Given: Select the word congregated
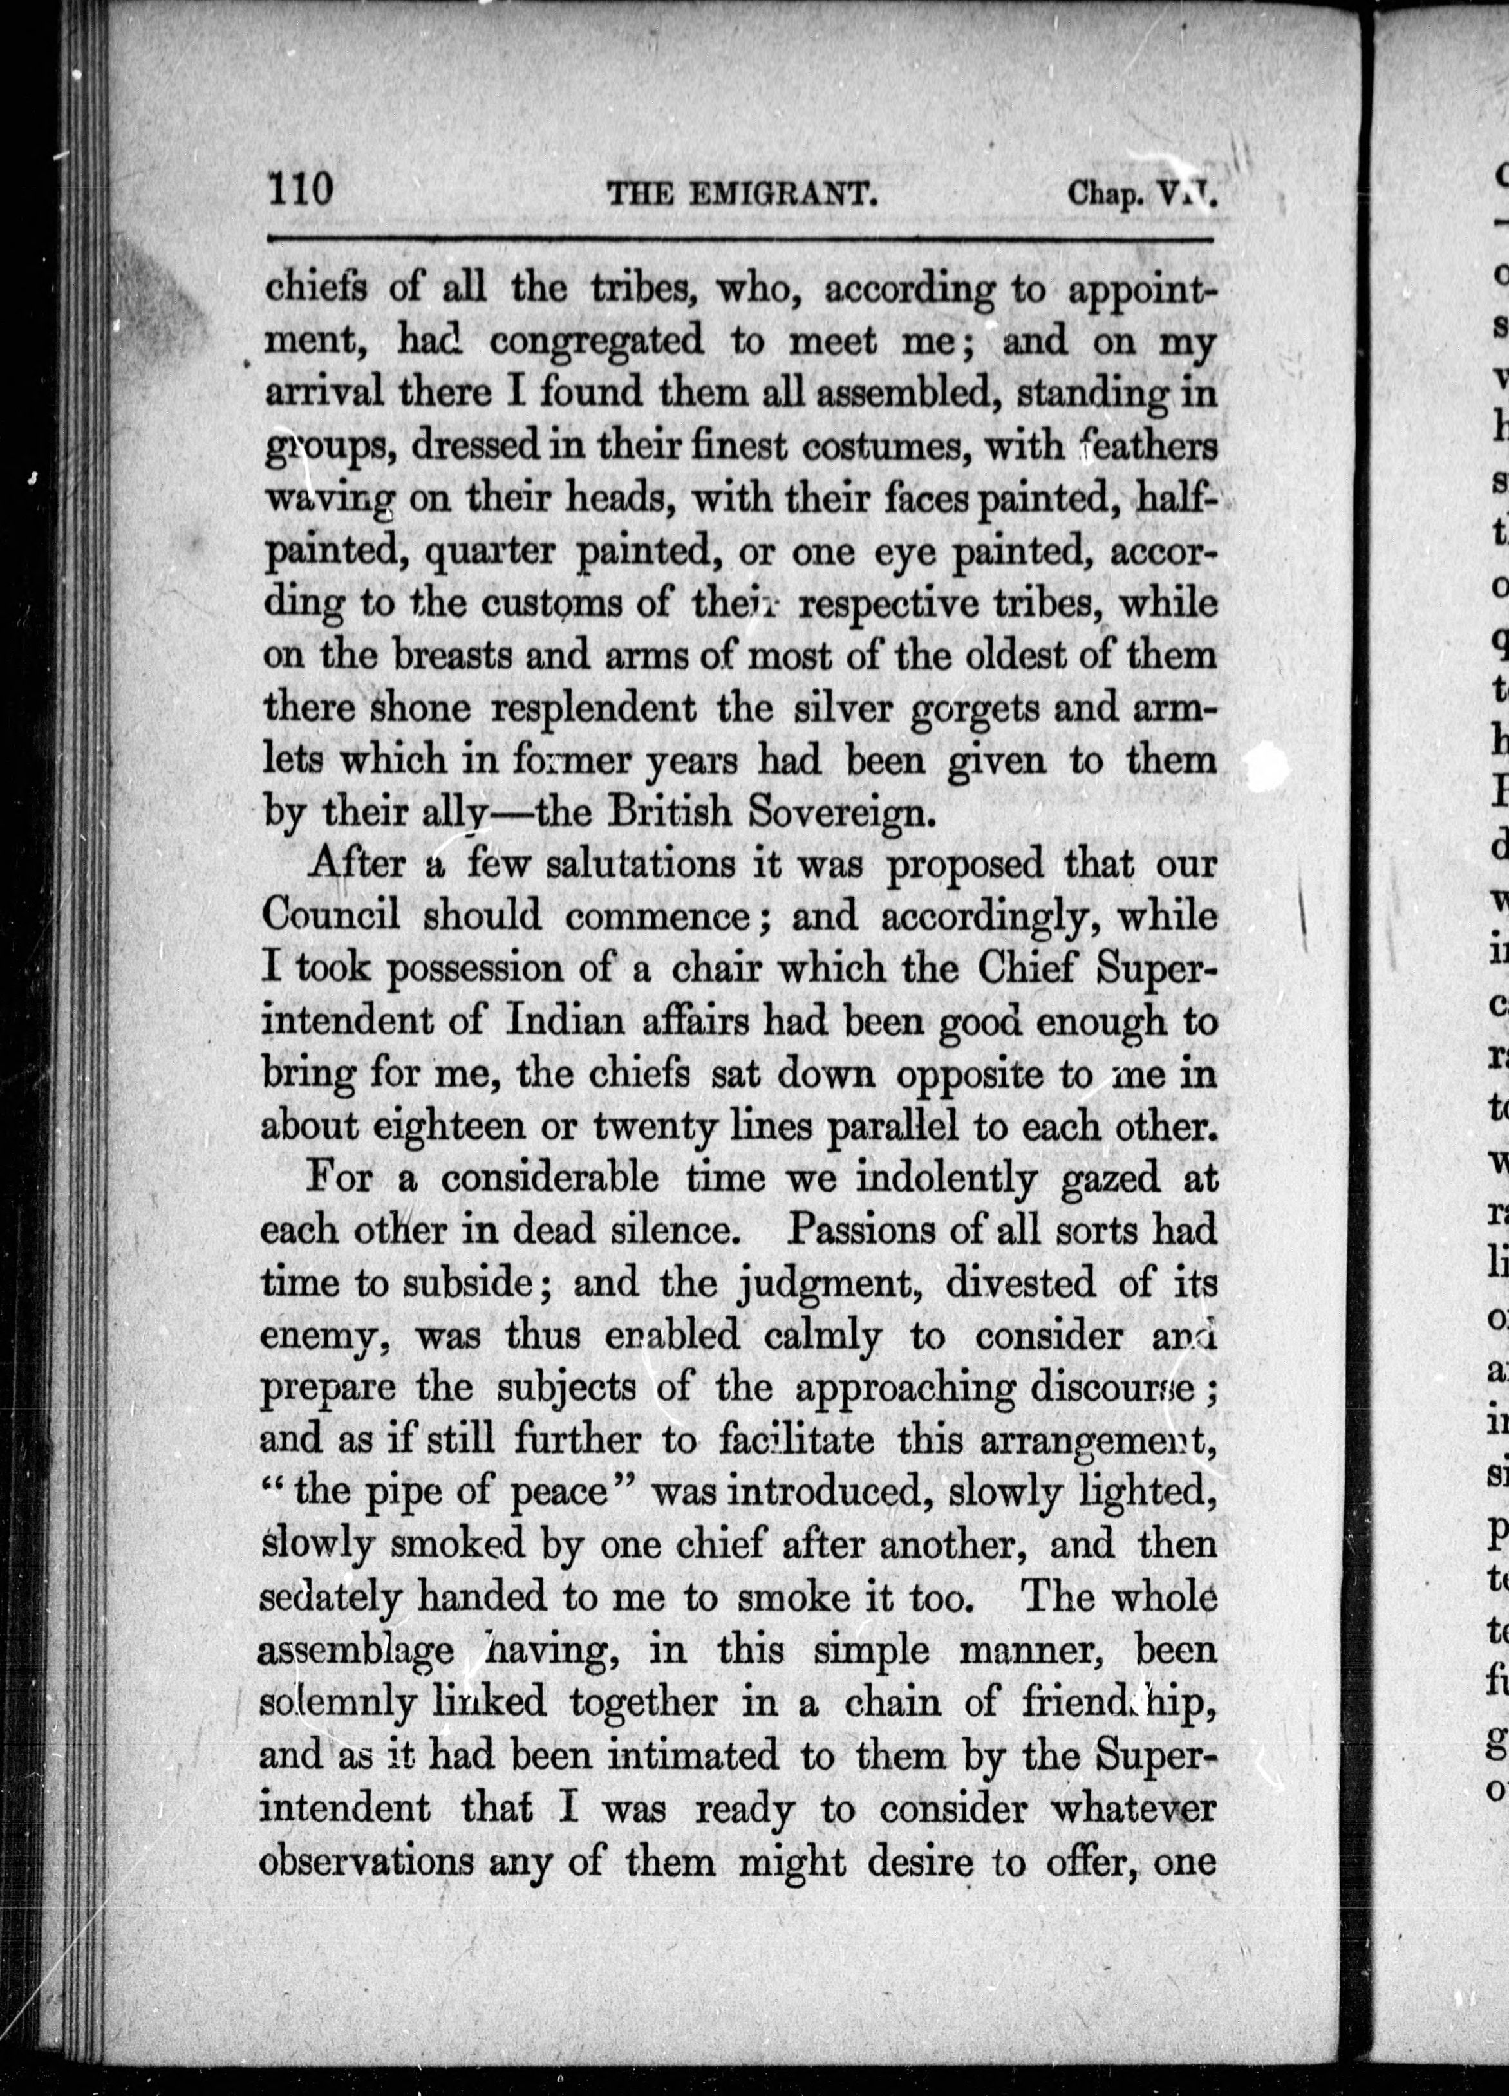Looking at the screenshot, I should [x=596, y=342].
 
